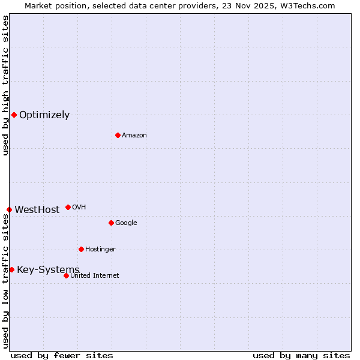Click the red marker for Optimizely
coord(14,115)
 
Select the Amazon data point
coord(118,135)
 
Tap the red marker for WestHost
coord(9,209)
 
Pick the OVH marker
coord(68,207)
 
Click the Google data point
coord(111,223)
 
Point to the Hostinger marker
coord(81,249)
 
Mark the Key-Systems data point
coord(11,269)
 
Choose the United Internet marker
coord(66,275)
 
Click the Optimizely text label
coord(44,115)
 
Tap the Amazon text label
coord(134,136)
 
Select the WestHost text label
coord(37,210)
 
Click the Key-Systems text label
coord(48,270)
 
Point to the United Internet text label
coord(95,276)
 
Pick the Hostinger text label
coord(100,250)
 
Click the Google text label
coord(126,223)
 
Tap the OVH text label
coord(79,208)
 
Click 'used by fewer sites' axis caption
coord(62,356)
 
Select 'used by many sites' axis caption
coord(301,356)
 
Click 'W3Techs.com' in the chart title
coord(308,5)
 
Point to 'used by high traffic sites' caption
coord(5,85)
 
